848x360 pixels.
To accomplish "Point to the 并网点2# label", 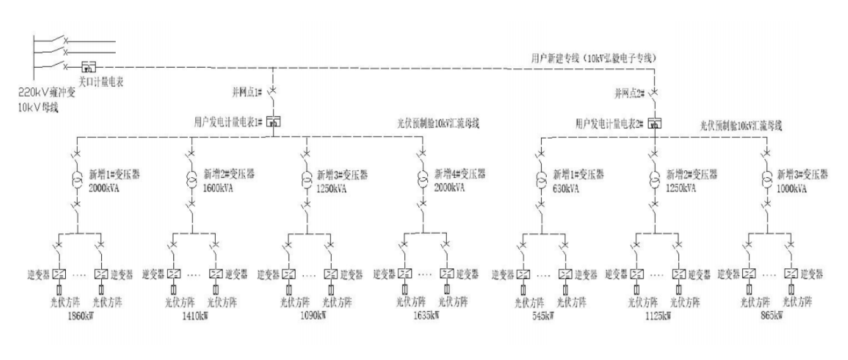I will tap(629, 93).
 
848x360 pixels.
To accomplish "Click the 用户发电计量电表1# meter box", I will tap(273, 120).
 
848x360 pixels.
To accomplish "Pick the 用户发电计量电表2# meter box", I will tap(655, 122).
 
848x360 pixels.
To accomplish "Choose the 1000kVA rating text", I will tap(793, 188).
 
